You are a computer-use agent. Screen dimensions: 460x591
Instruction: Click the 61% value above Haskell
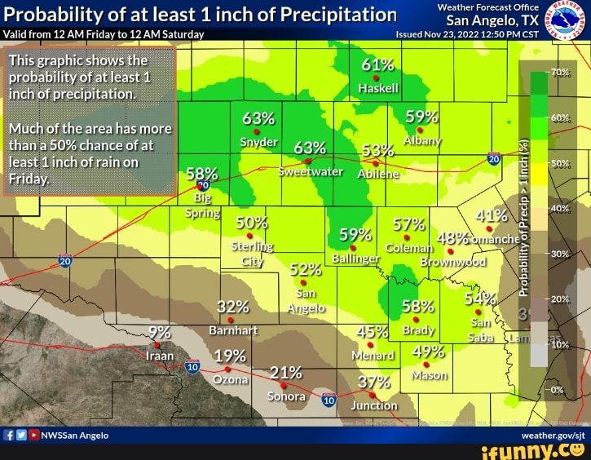click(378, 67)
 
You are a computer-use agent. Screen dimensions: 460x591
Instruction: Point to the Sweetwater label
click(311, 173)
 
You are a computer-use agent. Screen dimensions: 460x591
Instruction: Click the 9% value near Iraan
click(161, 332)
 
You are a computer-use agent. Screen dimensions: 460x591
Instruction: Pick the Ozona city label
click(230, 380)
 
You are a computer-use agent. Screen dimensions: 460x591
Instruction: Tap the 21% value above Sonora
click(284, 372)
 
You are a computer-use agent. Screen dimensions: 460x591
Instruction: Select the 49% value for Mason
click(429, 352)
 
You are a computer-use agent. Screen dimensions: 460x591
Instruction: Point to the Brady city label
click(418, 331)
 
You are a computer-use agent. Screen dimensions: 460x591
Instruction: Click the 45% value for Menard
click(373, 332)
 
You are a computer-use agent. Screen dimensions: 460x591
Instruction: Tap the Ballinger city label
click(356, 259)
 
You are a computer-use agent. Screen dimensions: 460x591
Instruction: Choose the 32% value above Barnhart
click(233, 307)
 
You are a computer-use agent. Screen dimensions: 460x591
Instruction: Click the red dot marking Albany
click(420, 130)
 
